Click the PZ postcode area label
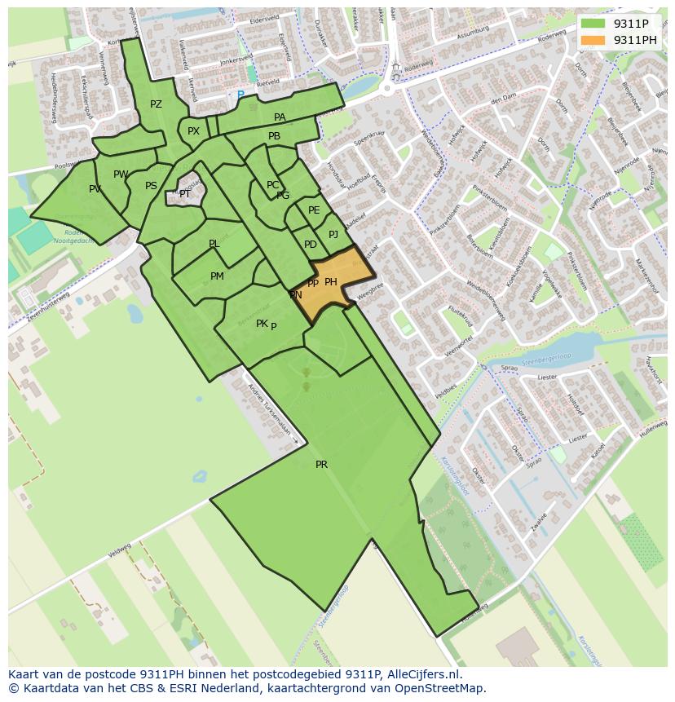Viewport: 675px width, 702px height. tap(156, 104)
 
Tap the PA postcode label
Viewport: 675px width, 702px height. tap(280, 117)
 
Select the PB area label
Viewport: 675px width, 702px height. tap(274, 136)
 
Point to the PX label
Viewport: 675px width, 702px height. tap(193, 131)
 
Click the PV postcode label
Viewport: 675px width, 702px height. tap(95, 189)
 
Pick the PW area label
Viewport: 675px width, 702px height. tap(121, 174)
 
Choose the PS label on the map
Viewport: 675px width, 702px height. tap(151, 186)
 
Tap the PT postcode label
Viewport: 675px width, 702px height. tap(185, 194)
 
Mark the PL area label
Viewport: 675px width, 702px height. tap(214, 244)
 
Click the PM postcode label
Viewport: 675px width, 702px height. tap(217, 276)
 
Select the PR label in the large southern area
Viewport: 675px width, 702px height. tap(321, 465)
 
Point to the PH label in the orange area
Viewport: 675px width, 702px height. tap(331, 282)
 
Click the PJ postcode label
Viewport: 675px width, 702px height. tap(333, 235)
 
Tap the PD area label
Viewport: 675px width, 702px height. tap(311, 245)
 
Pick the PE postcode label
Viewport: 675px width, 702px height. tap(314, 210)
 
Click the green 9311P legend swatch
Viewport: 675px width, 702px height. tap(593, 23)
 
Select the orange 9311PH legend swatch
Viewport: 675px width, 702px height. tap(593, 40)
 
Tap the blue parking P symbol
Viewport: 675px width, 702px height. tap(240, 95)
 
